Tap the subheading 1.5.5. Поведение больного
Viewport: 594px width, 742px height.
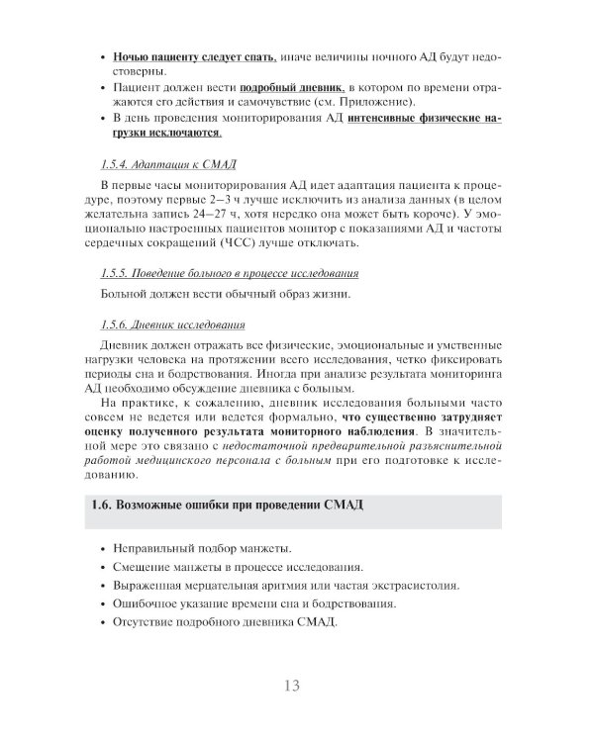click(x=230, y=272)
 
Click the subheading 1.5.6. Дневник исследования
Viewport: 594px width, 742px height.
click(x=173, y=324)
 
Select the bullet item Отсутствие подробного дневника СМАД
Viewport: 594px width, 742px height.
click(x=225, y=622)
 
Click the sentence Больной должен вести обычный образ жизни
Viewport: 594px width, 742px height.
click(x=226, y=294)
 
